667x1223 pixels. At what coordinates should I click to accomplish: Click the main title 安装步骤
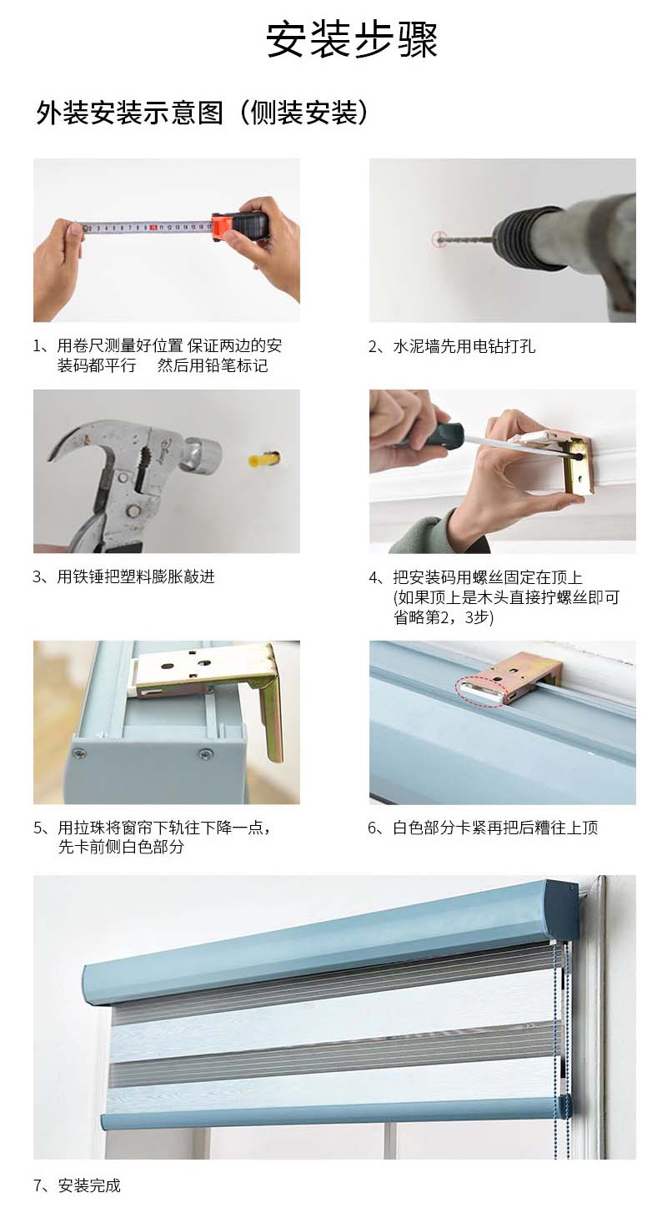[x=352, y=40]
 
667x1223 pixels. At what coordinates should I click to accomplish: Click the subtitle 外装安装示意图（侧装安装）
[x=202, y=113]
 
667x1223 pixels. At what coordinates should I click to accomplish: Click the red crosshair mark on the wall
[x=439, y=239]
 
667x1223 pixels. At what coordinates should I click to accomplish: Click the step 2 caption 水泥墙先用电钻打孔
[x=464, y=346]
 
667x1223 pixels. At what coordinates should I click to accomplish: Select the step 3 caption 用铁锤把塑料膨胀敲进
[x=136, y=576]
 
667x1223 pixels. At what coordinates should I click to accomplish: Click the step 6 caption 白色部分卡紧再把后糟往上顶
[x=495, y=828]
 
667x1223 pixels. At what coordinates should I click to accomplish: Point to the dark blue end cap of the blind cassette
[x=562, y=900]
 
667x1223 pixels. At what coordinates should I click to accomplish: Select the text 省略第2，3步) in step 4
[x=444, y=617]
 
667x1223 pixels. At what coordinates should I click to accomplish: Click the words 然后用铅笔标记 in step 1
[x=213, y=365]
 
